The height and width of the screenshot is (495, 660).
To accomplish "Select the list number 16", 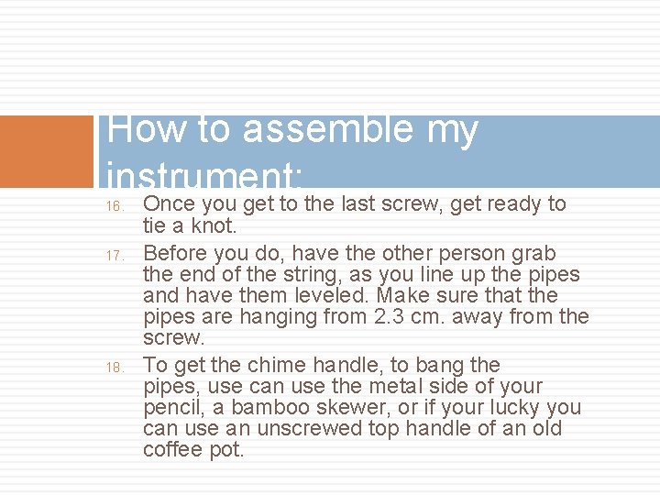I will (115, 206).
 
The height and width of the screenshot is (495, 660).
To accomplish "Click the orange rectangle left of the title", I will (47, 151).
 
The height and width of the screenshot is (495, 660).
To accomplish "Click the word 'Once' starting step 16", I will (169, 203).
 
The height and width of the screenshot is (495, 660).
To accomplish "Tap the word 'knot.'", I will (218, 225).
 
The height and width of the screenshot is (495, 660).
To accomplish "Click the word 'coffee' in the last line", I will (171, 450).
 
